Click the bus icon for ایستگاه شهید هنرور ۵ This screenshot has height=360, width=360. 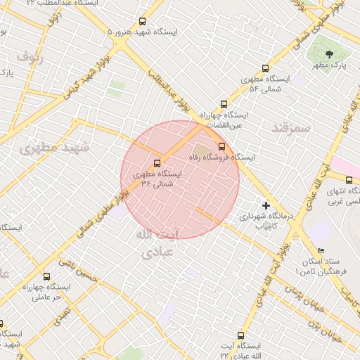click(x=143, y=22)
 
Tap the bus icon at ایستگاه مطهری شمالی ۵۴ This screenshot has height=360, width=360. click(x=265, y=68)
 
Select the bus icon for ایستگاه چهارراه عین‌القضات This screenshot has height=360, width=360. click(x=224, y=103)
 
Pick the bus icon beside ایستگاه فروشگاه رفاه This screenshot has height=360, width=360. click(x=222, y=147)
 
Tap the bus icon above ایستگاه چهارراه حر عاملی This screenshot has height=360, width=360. click(x=47, y=276)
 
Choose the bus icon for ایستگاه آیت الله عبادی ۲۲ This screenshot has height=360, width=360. click(x=241, y=335)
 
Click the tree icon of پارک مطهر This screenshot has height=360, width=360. click(x=330, y=53)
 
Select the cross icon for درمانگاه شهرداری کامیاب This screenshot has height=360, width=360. click(x=265, y=205)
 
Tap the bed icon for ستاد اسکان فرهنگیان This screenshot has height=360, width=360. click(x=321, y=251)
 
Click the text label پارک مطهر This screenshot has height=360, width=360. click(x=330, y=66)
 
